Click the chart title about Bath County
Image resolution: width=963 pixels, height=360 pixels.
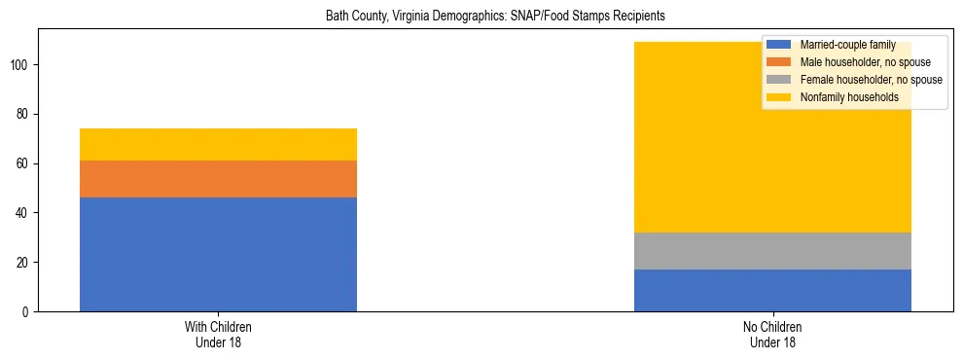[x=481, y=17]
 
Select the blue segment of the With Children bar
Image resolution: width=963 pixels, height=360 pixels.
[x=218, y=254]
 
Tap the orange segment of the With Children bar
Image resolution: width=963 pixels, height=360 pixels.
[x=218, y=179]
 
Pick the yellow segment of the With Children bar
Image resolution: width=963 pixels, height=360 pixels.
[x=218, y=144]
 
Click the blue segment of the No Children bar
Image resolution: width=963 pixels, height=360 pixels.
[x=772, y=290]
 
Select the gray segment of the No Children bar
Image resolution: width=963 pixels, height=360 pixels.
[x=772, y=251]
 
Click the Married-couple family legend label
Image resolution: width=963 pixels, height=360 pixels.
[x=847, y=46]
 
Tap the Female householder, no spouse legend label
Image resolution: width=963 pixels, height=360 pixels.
[x=870, y=80]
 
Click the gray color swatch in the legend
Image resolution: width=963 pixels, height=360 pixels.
[x=779, y=80]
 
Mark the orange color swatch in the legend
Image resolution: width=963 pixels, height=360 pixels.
[x=779, y=62]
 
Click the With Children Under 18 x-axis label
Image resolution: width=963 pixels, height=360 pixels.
[x=218, y=335]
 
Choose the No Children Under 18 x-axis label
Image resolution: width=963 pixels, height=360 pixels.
[x=772, y=335]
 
